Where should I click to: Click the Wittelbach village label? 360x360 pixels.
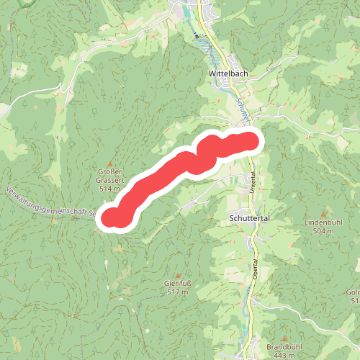point(227,73)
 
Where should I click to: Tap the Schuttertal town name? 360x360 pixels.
point(249,216)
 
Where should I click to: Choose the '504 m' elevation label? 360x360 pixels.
point(325,231)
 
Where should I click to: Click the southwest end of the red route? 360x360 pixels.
point(113,217)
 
